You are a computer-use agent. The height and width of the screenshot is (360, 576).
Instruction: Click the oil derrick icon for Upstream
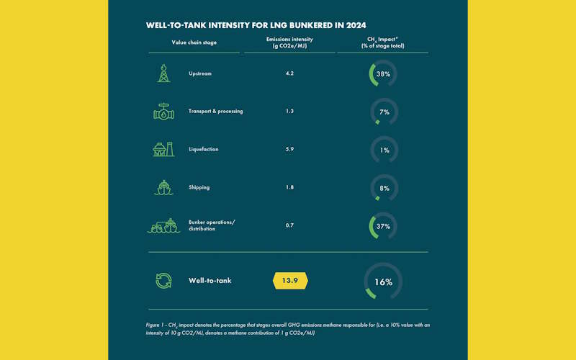[163, 73]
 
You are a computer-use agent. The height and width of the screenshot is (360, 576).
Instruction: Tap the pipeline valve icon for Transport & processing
[163, 112]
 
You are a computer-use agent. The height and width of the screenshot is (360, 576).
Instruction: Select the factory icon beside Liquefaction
[163, 149]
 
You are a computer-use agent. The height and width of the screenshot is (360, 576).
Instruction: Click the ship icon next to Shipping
[163, 187]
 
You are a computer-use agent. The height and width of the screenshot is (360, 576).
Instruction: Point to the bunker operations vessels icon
[163, 225]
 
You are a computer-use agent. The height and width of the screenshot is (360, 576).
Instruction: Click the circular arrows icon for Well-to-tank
[163, 281]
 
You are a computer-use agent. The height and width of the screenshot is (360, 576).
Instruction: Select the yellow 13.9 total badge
[289, 281]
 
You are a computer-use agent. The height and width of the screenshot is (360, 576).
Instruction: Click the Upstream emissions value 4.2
[289, 73]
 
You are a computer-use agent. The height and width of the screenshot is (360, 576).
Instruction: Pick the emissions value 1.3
[289, 112]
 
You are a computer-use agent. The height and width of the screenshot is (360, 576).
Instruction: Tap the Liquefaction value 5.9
[289, 149]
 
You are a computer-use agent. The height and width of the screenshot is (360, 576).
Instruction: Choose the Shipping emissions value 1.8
[289, 187]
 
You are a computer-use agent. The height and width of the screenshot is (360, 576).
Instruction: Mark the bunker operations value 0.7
[289, 225]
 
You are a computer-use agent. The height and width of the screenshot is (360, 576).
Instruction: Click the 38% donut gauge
[384, 73]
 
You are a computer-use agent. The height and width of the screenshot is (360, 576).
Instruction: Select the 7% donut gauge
[384, 112]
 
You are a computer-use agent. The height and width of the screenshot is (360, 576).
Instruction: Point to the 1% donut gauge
[384, 149]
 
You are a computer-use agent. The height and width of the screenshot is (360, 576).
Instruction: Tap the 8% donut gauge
[384, 187]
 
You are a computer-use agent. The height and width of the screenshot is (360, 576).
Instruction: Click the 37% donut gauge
[384, 225]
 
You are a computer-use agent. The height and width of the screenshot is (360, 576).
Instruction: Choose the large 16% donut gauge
[383, 282]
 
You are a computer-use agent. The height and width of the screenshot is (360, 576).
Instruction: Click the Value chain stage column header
[194, 42]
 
